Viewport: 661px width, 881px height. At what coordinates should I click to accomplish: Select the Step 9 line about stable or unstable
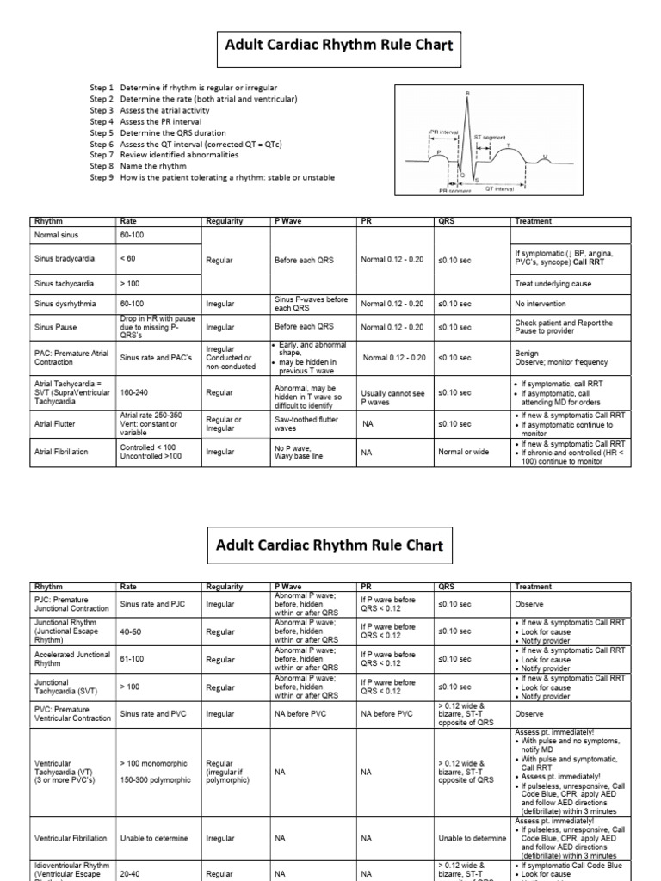coord(212,178)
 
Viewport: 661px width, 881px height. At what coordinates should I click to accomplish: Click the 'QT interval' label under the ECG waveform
coord(500,187)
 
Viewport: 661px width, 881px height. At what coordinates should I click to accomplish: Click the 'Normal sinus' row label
coord(56,235)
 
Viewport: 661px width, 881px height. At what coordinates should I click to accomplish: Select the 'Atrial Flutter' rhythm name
coord(55,424)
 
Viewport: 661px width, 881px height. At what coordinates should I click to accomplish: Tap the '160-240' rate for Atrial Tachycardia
coord(135,392)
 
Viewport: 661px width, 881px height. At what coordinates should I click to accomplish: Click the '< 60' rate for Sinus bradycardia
coord(128,259)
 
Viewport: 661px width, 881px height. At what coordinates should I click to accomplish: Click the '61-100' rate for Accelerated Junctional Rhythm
coord(133,660)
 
